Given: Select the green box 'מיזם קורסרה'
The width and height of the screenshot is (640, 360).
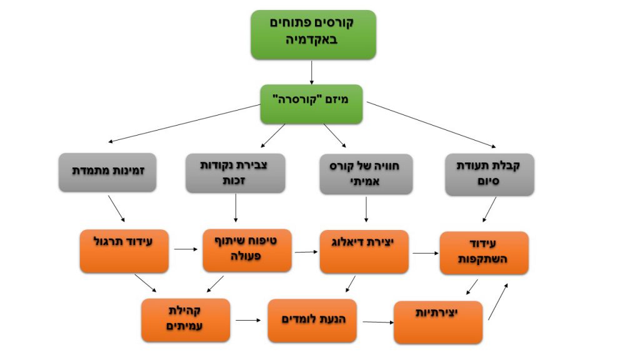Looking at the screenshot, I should pos(312,104).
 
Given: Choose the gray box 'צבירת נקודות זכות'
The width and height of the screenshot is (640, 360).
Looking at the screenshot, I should pos(236,172).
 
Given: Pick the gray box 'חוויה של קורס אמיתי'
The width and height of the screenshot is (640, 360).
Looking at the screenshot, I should pos(366,172).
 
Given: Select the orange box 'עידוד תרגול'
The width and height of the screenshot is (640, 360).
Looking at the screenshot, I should pos(124,251).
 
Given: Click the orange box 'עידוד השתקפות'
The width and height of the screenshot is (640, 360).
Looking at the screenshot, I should pos(484,252).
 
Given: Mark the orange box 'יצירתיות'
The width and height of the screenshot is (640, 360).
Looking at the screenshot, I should pos(437,322).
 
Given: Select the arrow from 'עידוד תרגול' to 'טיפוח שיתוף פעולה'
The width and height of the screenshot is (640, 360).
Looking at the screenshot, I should pos(186,250).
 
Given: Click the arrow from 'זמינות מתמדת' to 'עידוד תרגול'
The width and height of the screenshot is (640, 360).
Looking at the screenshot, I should pos(116,209).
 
